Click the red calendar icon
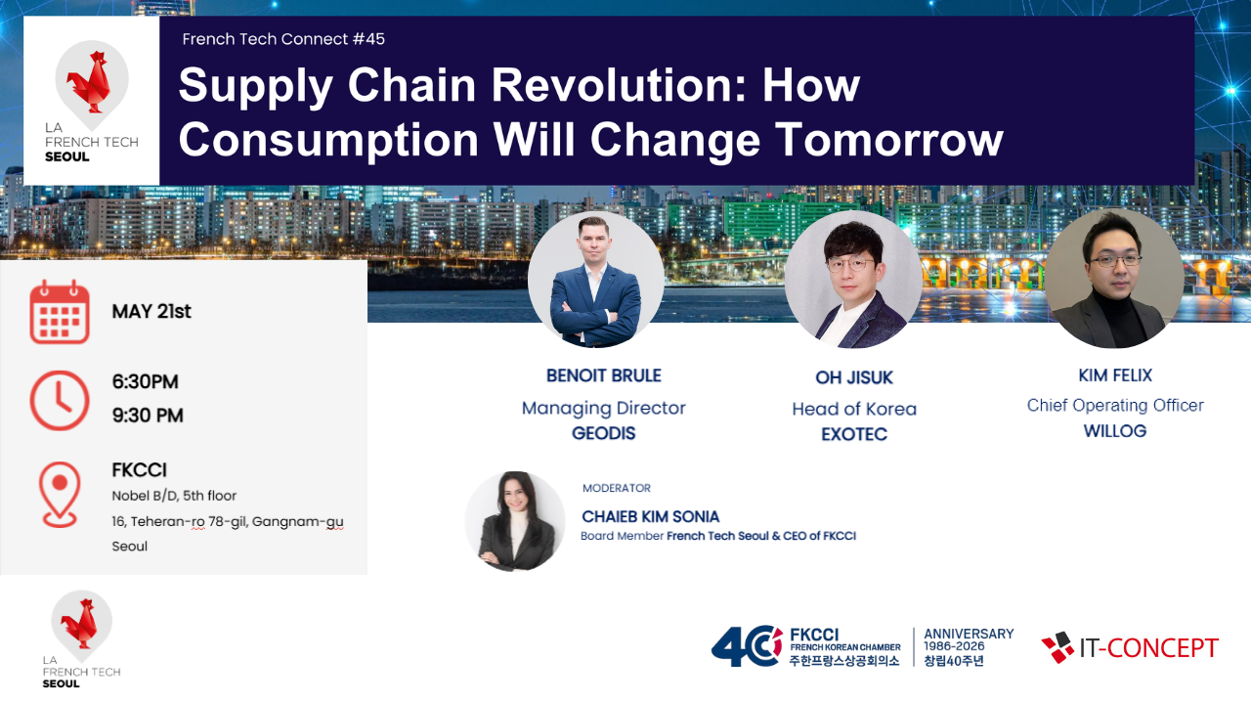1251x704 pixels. click(60, 312)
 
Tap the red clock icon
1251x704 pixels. click(60, 400)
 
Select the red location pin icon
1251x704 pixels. click(60, 495)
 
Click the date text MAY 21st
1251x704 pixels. click(151, 311)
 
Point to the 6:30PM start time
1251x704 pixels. click(146, 381)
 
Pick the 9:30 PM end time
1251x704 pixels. click(148, 416)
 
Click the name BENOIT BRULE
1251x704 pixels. click(604, 375)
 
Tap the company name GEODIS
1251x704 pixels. click(604, 433)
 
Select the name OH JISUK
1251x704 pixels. click(854, 377)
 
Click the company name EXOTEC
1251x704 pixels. click(854, 434)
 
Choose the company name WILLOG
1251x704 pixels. click(1115, 431)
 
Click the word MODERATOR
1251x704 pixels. click(617, 488)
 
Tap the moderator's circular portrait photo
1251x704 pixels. click(515, 521)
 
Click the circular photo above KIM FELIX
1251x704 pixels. click(1114, 279)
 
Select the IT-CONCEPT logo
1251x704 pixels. click(1130, 647)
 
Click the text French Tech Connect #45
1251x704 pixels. click(283, 39)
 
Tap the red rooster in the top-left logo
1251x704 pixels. click(89, 82)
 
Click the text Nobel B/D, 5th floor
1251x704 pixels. click(174, 496)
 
